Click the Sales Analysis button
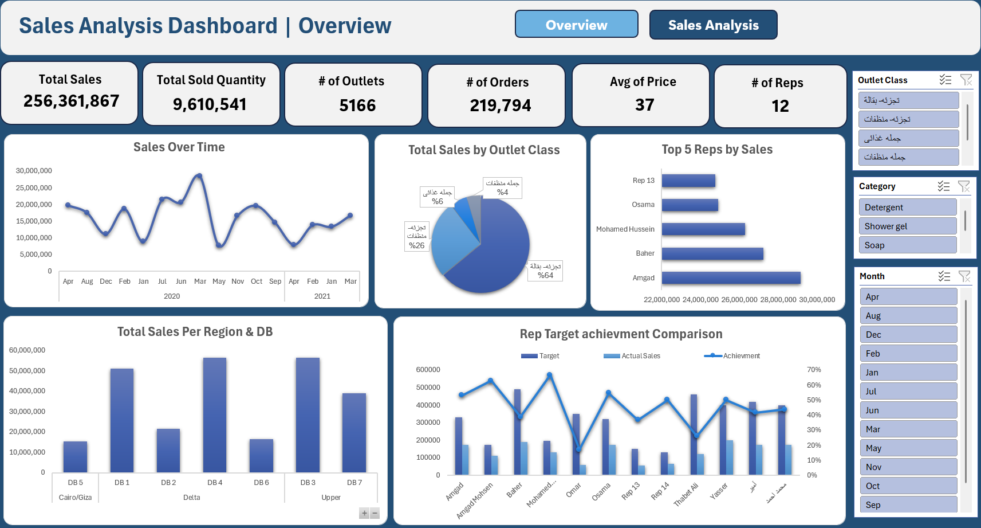713,25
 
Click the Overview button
576,25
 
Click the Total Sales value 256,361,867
72,101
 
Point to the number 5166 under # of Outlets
357,105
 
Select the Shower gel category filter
907,226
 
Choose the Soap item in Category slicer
907,245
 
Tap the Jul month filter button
908,391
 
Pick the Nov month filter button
908,467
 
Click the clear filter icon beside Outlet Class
966,80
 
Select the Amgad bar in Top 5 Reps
731,278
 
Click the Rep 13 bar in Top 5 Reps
688,181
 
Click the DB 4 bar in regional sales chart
215,415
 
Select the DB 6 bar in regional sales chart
261,456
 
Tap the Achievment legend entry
741,356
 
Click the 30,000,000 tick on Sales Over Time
34,171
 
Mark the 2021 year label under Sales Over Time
322,296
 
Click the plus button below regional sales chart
364,513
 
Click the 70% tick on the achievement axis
814,370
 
